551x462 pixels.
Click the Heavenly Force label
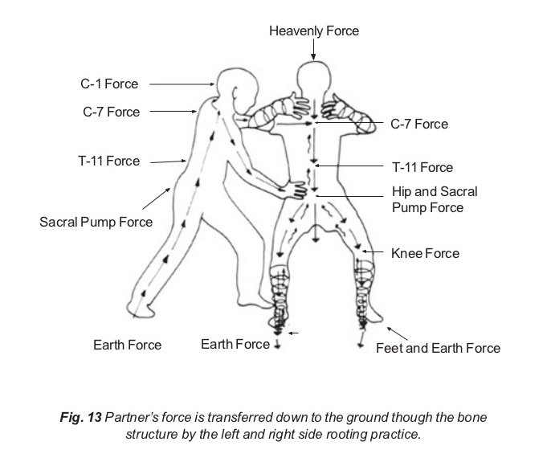click(x=313, y=31)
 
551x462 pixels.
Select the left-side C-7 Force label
click(x=111, y=112)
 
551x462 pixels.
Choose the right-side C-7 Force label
click(x=419, y=124)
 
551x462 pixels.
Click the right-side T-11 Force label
click(x=422, y=167)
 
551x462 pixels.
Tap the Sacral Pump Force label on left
click(x=96, y=220)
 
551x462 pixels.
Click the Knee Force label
click(x=425, y=253)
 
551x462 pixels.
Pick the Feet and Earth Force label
click(x=438, y=348)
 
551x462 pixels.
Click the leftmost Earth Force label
click(x=127, y=345)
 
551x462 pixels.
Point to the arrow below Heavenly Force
click(x=313, y=50)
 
